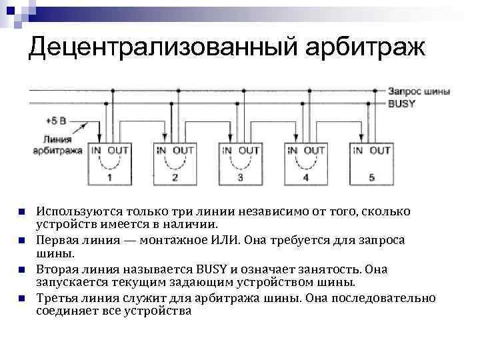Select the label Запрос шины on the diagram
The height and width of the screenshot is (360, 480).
click(418, 91)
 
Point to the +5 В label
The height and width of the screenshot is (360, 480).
click(57, 121)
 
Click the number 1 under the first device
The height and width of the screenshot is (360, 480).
click(109, 177)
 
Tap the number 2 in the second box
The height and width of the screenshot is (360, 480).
click(175, 177)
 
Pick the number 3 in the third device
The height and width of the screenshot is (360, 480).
click(240, 177)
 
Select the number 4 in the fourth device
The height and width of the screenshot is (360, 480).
click(305, 177)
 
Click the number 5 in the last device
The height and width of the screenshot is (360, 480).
click(371, 177)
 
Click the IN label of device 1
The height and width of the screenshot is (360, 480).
click(97, 151)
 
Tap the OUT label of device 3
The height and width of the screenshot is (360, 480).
click(249, 151)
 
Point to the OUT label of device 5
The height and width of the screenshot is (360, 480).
click(380, 151)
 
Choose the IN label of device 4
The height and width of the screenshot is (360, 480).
click(292, 151)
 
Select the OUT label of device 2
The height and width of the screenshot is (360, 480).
click(183, 151)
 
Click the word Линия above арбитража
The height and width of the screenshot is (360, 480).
click(57, 139)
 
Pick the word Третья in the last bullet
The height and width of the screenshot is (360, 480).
click(59, 297)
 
